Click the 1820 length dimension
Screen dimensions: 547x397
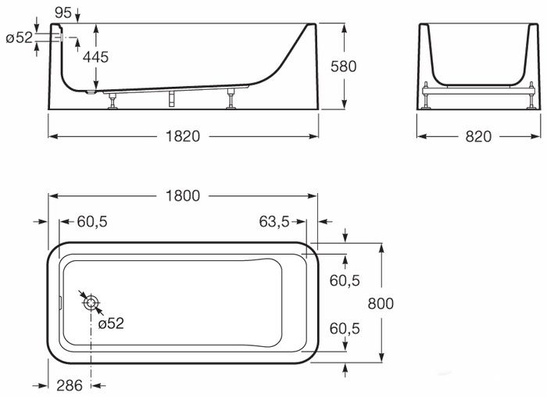[x=183, y=136]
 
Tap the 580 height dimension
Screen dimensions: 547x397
[x=344, y=66]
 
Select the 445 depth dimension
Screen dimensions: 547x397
[x=95, y=57]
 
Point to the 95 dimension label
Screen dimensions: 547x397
[x=63, y=13]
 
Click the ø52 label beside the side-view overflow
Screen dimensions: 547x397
[x=20, y=38]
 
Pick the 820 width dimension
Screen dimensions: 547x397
[x=478, y=137]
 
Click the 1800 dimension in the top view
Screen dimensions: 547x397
[x=183, y=195]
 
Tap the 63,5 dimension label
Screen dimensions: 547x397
[x=274, y=221]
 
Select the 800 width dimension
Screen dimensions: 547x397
[x=381, y=303]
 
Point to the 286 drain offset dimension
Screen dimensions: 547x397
[x=70, y=385]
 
